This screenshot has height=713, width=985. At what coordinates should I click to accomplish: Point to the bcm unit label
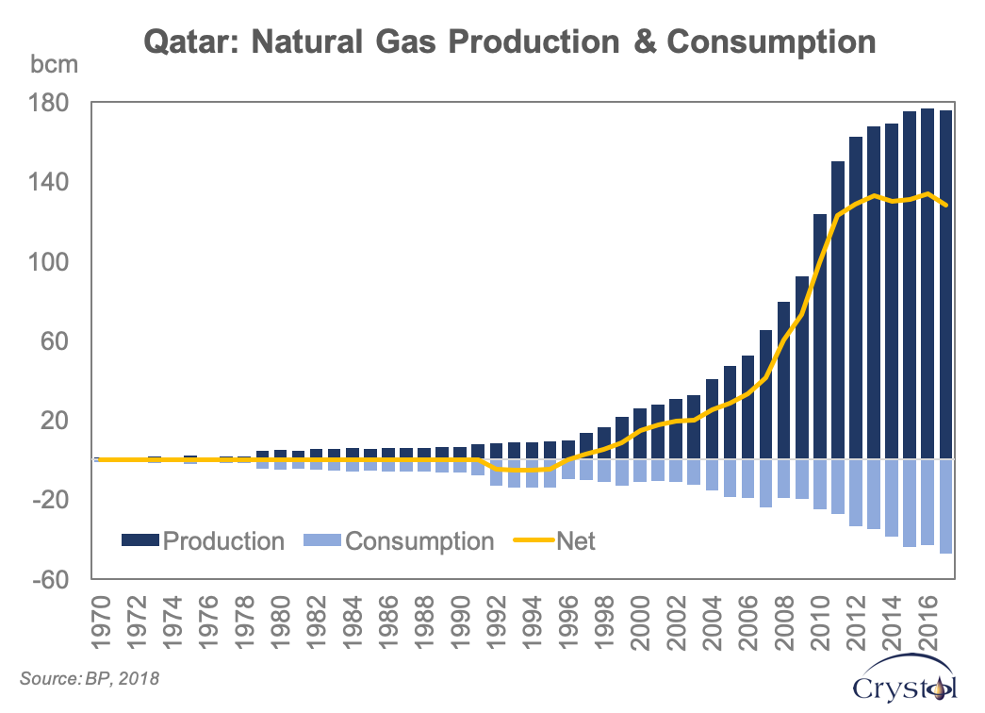pyautogui.click(x=49, y=66)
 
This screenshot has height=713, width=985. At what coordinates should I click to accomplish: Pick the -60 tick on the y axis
pyautogui.click(x=53, y=579)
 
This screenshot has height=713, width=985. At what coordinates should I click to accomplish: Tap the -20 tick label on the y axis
pyautogui.click(x=53, y=500)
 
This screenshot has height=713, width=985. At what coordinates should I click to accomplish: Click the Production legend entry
pyautogui.click(x=203, y=540)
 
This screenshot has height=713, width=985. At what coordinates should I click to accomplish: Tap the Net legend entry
pyautogui.click(x=556, y=540)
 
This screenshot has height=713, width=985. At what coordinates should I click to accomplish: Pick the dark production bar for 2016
pyautogui.click(x=928, y=283)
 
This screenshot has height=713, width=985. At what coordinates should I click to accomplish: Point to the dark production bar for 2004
pyautogui.click(x=712, y=419)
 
